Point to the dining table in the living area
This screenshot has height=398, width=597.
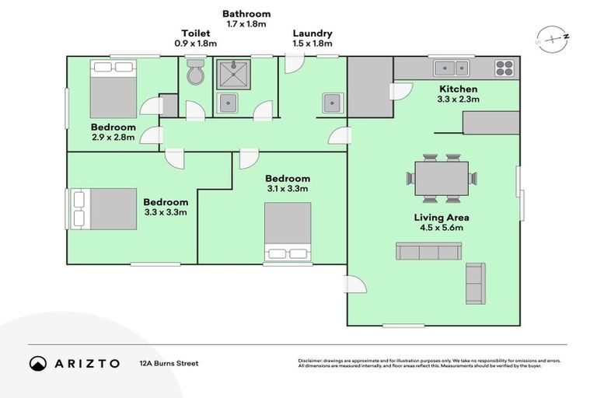pyautogui.click(x=442, y=178)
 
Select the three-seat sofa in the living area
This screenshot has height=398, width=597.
pyautogui.click(x=428, y=251)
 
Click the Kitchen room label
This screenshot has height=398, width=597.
pyautogui.click(x=459, y=89)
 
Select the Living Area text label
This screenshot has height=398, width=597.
pyautogui.click(x=442, y=218)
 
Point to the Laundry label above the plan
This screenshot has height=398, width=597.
pyautogui.click(x=312, y=33)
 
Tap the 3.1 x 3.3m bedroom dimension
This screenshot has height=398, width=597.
pyautogui.click(x=287, y=189)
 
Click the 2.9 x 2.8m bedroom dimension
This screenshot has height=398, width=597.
pyautogui.click(x=113, y=138)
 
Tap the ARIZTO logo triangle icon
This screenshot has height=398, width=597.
pyautogui.click(x=38, y=363)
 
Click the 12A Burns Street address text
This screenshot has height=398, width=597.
pyautogui.click(x=169, y=363)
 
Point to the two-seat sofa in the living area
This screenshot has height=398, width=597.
pyautogui.click(x=475, y=283)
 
